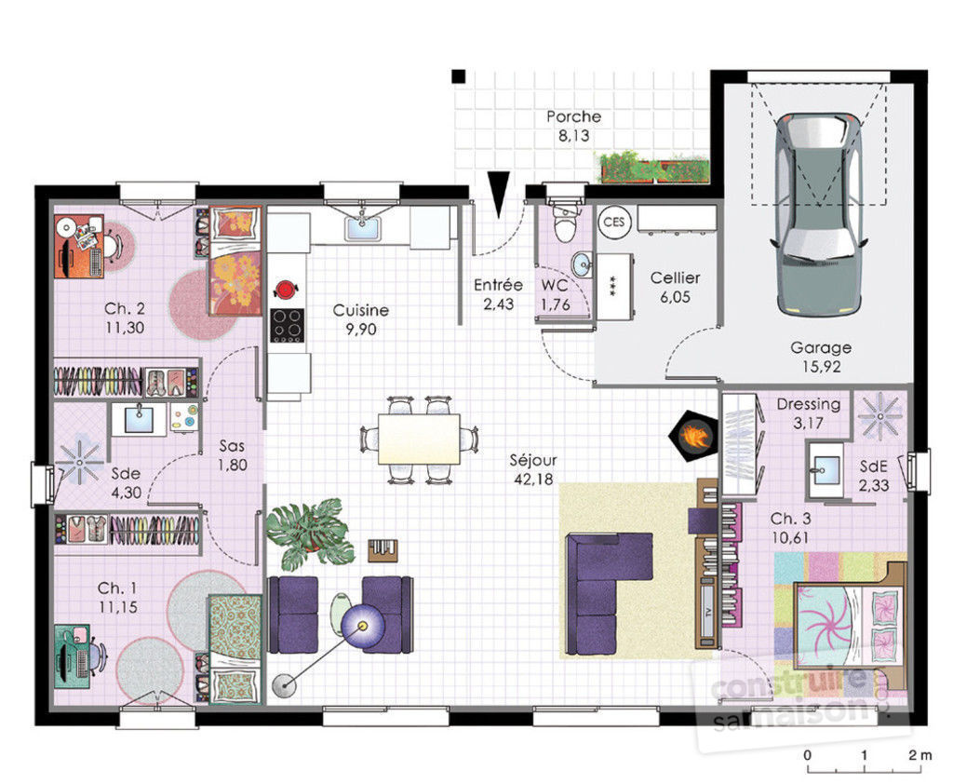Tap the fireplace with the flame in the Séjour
tap(691, 435)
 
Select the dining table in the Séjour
tap(418, 439)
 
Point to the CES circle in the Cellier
tap(612, 222)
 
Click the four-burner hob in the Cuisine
tap(287, 325)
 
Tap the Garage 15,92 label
tap(821, 357)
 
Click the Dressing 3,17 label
tap(808, 412)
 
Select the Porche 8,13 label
tap(573, 126)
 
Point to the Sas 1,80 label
tap(233, 455)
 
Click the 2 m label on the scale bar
tap(919, 754)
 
